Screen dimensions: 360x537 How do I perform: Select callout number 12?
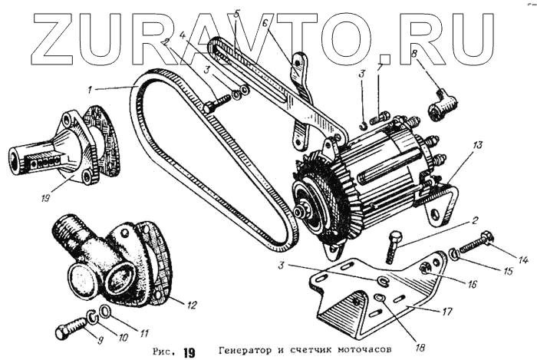[x=192, y=305]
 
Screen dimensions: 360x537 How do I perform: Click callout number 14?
[x=524, y=261]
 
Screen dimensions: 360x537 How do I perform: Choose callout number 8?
[x=413, y=54]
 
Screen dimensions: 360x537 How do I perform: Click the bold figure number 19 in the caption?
[x=189, y=352]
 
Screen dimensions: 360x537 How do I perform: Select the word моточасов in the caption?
[x=362, y=351]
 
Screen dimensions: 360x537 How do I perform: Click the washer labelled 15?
[x=455, y=254]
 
